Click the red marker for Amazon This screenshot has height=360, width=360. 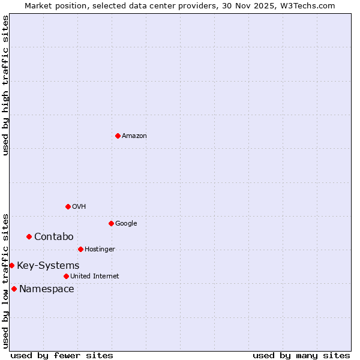coord(118,136)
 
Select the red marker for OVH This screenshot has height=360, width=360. coord(68,206)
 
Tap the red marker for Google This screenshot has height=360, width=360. coord(111,223)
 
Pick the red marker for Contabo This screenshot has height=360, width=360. coord(29,236)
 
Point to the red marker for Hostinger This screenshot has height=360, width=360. coord(80,249)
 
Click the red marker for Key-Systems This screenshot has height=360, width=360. coord(11,265)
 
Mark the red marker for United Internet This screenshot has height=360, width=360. coord(66,276)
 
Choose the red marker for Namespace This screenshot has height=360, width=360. coord(14,289)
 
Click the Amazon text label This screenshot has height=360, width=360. coord(134,136)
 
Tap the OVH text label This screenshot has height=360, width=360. coord(79,207)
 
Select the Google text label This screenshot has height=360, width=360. coord(126,224)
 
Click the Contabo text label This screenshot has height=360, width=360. coord(53,237)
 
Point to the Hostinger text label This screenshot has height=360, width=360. coord(100,250)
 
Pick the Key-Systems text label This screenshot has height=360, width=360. coord(48,266)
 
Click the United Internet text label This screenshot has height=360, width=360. coord(94,277)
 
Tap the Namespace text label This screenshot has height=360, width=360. coord(47,289)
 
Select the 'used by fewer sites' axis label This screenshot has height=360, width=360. coord(62,355)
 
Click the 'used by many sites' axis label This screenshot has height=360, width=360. coord(301,355)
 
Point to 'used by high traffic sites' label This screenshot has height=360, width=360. coord(5,85)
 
